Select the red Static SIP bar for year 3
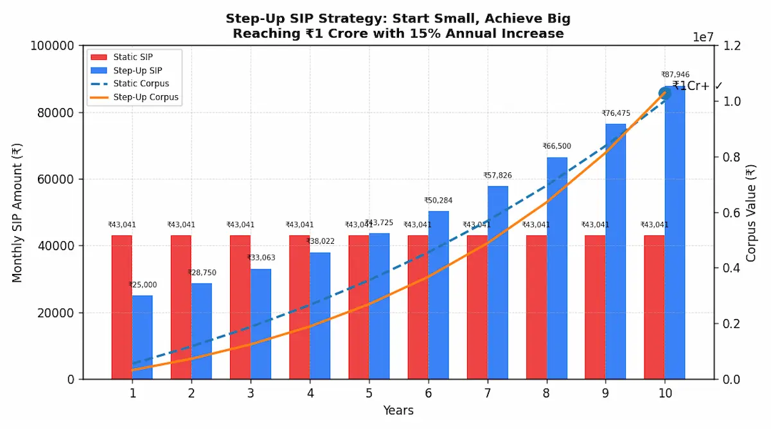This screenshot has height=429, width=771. click(240, 307)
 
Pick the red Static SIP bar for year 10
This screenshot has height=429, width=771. click(654, 307)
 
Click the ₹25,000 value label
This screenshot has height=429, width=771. click(142, 285)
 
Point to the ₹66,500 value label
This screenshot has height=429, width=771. click(556, 146)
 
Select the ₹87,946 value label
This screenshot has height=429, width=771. click(675, 75)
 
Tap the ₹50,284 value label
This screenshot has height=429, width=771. click(438, 201)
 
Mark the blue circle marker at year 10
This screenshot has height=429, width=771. click(664, 93)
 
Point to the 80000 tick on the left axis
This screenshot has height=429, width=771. click(57, 113)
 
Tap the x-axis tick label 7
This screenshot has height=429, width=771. click(487, 393)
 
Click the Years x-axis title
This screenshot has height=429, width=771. click(398, 410)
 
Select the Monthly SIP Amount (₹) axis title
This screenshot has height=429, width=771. click(17, 212)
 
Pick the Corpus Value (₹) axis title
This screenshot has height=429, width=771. click(751, 213)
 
